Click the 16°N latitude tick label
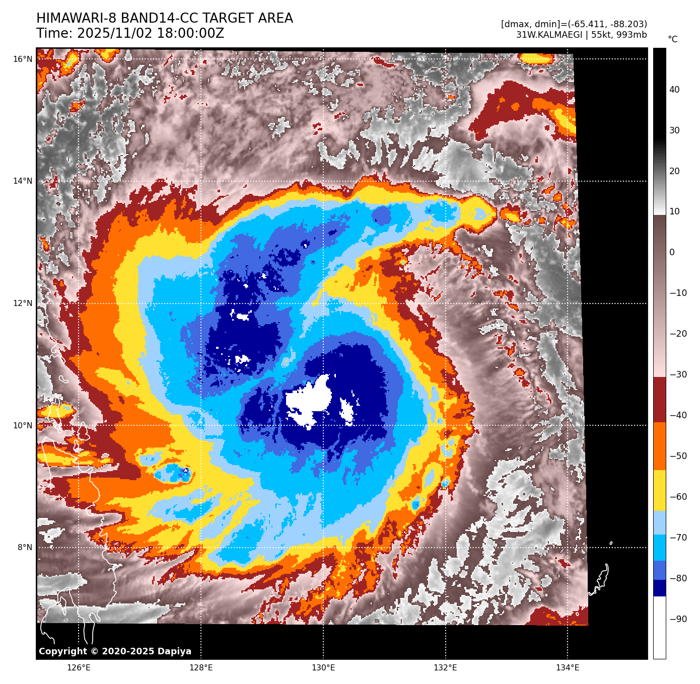click(23, 59)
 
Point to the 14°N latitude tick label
click(23, 181)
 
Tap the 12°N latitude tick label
click(23, 303)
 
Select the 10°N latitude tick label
click(23, 426)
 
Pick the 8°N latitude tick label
click(25, 548)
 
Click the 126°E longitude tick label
click(79, 668)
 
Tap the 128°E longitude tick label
click(201, 668)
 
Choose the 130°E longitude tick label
click(323, 668)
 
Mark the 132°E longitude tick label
click(446, 668)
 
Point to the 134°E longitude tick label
click(568, 668)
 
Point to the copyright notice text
click(115, 651)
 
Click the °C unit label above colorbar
click(672, 39)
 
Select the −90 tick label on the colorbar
click(678, 619)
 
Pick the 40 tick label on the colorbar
click(674, 90)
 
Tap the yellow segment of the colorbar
click(659, 491)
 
